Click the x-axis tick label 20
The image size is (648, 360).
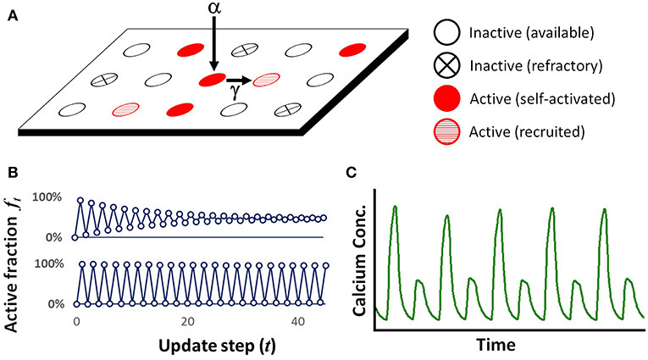[x=188, y=323]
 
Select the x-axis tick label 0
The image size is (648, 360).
[x=76, y=323]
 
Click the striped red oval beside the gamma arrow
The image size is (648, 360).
[x=265, y=80]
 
